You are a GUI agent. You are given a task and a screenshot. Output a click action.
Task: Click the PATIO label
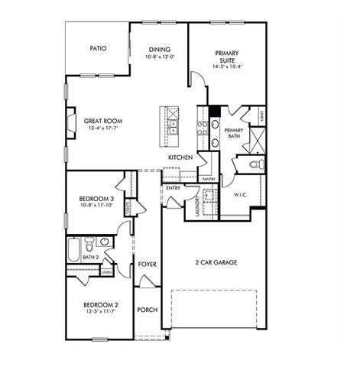pos(98,48)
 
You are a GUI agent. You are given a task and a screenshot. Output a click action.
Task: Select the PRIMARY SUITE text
pos(228,58)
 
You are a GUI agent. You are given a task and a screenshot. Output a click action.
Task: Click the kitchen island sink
pos(174,125)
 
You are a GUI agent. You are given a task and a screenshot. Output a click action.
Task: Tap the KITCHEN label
pos(180,158)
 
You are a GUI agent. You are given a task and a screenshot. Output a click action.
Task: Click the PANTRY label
pos(208,178)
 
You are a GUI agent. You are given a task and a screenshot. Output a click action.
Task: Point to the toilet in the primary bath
pos(257,164)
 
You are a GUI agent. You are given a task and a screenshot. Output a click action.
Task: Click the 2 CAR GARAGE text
pos(215,262)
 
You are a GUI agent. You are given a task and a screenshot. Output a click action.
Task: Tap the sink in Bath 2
pos(105,242)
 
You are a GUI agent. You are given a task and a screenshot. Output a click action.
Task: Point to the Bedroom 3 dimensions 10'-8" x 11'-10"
pos(96,206)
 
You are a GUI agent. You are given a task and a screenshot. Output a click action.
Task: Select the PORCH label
pos(147,310)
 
